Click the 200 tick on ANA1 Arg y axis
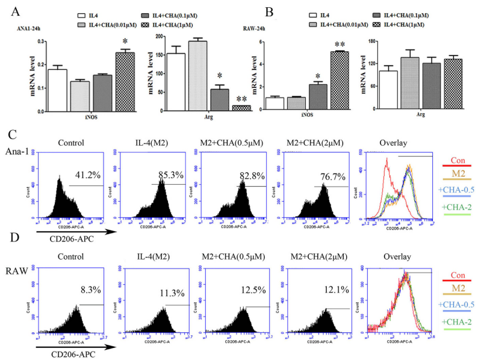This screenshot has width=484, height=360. click(x=143, y=37)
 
